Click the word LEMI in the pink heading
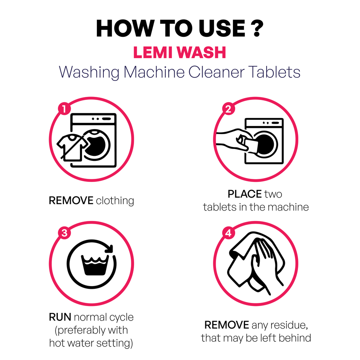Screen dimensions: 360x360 pos(155,53)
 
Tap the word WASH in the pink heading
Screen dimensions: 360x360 pos(203,53)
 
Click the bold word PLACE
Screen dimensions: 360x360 pos(244,194)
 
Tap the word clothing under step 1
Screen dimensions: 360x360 pos(115,201)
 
